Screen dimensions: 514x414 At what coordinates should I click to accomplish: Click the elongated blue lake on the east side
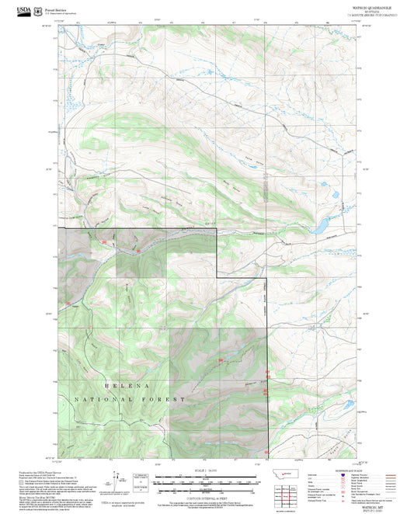pyautogui.click(x=318, y=227)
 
